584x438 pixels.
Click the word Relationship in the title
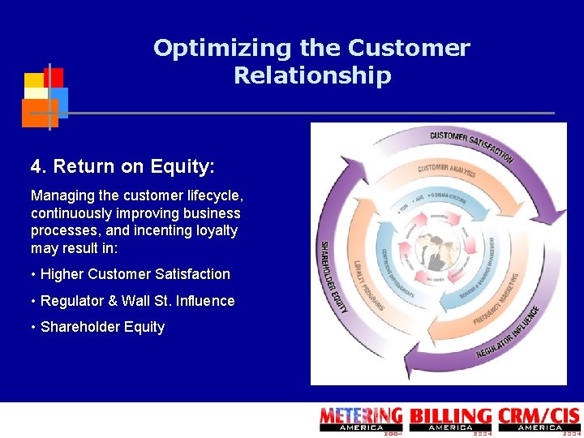(312, 76)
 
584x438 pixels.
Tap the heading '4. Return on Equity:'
(122, 167)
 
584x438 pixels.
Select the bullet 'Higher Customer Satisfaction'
(135, 274)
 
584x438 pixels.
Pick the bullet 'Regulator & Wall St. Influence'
(137, 301)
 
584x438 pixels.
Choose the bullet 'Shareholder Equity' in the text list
(102, 327)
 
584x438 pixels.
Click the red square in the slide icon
(54, 77)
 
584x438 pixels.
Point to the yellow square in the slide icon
(33, 81)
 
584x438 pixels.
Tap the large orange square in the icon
(39, 113)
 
